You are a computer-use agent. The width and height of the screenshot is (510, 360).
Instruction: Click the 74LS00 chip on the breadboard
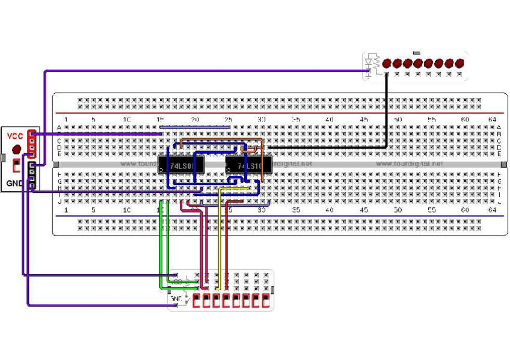180,164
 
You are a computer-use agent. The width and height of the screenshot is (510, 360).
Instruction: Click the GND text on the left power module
14,183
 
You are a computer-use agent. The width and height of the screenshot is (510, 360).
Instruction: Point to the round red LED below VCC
16,148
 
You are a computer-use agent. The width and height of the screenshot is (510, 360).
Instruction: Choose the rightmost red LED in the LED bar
460,63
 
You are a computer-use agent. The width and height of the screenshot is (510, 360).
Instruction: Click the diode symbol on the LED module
368,63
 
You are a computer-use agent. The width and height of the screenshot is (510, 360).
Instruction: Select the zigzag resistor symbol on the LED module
376,62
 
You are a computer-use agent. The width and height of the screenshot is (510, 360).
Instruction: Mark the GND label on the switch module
176,298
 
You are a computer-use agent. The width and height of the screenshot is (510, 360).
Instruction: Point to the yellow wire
220,240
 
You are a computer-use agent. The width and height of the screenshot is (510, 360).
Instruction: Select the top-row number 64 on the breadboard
492,120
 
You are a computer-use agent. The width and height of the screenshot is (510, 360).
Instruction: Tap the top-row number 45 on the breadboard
363,120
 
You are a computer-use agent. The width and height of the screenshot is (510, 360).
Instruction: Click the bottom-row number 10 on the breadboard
126,210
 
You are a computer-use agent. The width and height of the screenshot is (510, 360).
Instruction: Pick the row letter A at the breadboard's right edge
499,127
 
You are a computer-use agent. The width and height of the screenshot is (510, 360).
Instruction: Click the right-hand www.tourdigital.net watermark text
409,163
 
